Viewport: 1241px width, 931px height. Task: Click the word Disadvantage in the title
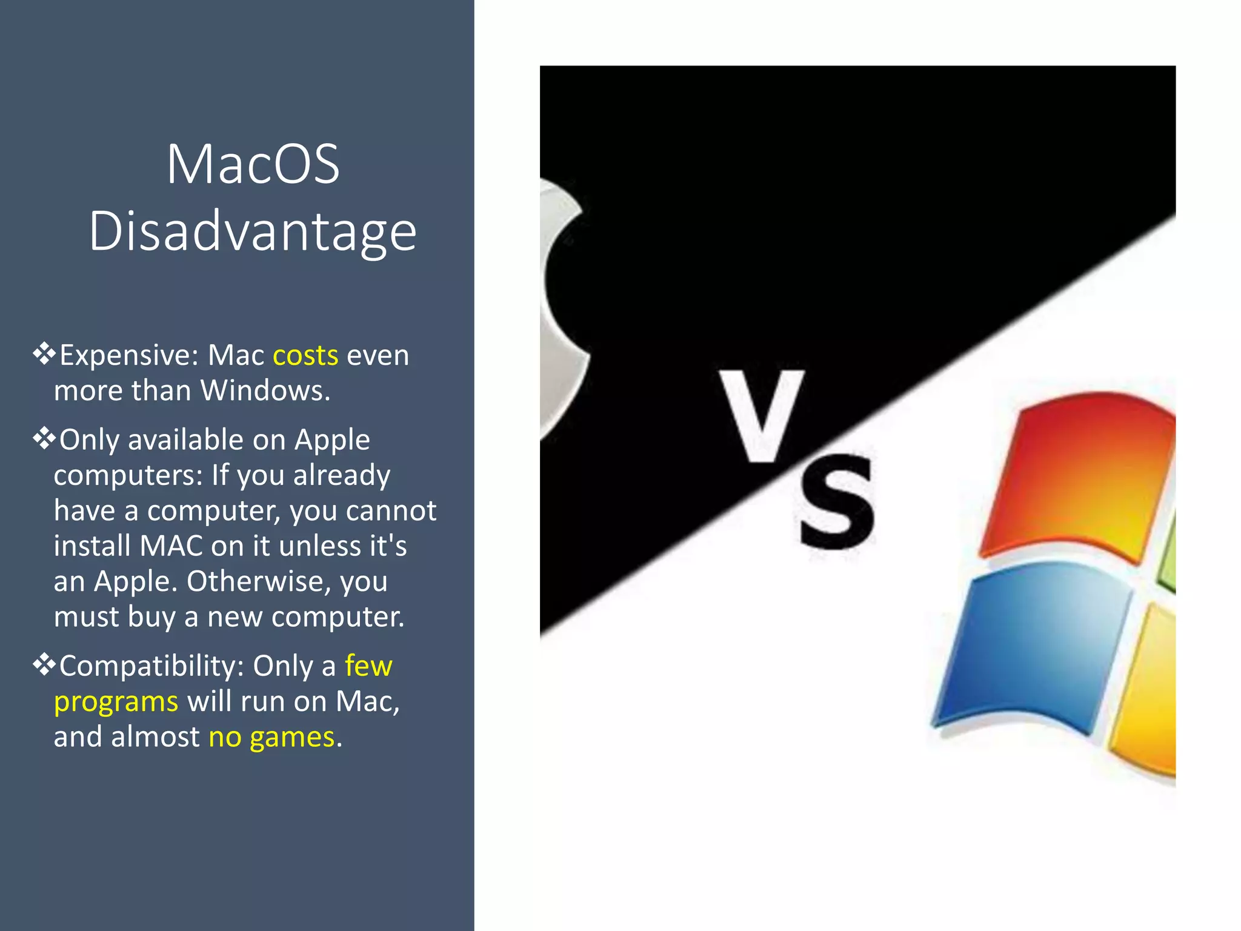coord(253,232)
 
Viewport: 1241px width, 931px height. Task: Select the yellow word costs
coord(305,355)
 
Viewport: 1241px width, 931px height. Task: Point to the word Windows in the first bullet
coord(264,391)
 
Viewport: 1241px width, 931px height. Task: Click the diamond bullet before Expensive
coord(44,353)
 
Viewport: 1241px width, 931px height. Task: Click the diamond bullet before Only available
coord(44,438)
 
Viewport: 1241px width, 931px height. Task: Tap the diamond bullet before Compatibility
coord(44,665)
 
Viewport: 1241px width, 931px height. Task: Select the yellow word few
coord(368,666)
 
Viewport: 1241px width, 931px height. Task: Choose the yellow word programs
coord(116,702)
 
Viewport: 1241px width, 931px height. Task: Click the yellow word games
coord(292,738)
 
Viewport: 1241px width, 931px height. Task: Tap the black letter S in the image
coord(837,502)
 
